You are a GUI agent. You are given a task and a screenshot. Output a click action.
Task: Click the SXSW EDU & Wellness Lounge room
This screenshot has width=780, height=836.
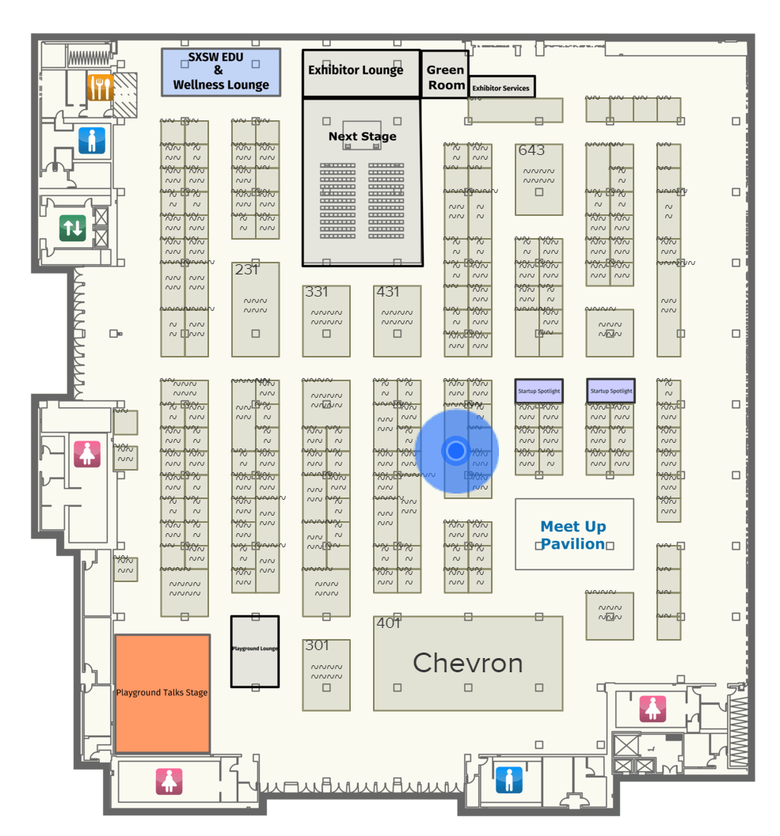pos(221,72)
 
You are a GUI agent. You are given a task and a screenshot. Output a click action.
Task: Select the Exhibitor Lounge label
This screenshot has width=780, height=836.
pos(356,70)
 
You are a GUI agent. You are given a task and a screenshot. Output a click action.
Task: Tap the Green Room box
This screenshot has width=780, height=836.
pos(446,77)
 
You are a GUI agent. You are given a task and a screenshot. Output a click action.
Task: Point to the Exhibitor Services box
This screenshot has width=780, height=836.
pos(501,88)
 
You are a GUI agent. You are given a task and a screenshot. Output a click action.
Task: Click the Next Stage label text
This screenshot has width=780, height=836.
pos(362,137)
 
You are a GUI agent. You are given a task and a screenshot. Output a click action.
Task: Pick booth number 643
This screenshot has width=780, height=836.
pos(531,150)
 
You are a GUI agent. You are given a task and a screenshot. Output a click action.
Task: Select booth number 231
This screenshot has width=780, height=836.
pos(246,270)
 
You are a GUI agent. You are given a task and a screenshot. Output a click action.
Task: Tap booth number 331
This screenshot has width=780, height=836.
pos(317,292)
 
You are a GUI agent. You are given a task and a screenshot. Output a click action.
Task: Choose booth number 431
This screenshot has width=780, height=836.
pos(388,292)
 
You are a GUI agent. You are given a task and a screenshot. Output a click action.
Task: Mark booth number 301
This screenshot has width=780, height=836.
pos(317,645)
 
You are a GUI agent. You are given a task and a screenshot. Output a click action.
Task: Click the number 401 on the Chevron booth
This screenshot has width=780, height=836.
pos(388,623)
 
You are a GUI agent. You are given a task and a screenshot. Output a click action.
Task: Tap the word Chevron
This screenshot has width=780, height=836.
pos(468,664)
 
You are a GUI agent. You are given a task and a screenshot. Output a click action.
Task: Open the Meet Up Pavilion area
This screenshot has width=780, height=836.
pos(573,535)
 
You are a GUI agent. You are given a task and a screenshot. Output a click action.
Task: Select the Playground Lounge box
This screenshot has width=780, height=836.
pos(255,651)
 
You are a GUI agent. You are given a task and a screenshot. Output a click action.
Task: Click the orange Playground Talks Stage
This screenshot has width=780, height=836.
pos(162,693)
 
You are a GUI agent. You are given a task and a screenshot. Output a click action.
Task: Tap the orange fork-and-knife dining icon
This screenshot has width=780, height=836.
pos(101,87)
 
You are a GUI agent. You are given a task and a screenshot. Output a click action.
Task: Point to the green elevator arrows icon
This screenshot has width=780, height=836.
pos(73,229)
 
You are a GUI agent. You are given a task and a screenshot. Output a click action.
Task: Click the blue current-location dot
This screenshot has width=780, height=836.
pos(456,451)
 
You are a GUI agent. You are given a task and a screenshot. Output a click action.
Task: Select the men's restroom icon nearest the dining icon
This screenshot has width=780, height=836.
pos(91,141)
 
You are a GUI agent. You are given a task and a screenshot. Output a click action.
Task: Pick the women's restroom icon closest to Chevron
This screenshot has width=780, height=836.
pos(653,709)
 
